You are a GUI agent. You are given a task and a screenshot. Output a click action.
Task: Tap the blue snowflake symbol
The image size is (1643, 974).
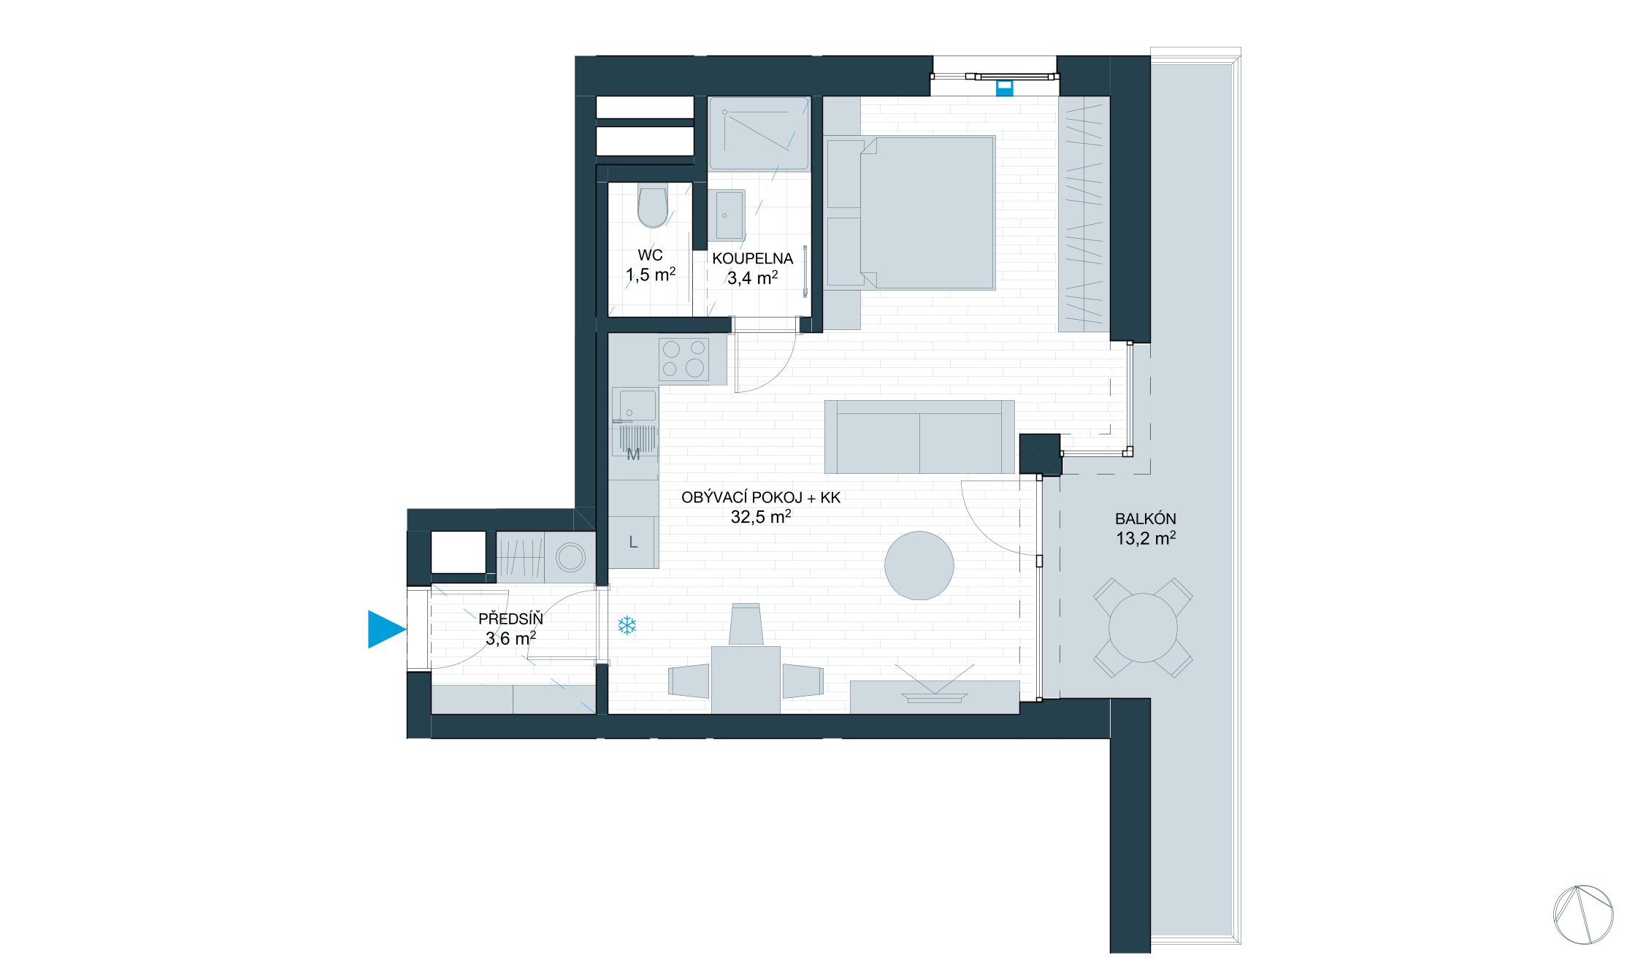point(627,626)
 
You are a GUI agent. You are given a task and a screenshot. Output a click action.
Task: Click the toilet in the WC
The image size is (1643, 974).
point(652,207)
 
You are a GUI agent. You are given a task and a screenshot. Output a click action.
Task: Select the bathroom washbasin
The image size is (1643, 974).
point(727,215)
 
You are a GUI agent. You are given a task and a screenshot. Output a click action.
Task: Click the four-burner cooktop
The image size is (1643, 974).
point(683,358)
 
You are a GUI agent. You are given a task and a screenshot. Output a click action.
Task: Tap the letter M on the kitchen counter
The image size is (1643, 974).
point(633,454)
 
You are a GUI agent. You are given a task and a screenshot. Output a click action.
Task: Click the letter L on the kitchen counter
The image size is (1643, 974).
point(633,542)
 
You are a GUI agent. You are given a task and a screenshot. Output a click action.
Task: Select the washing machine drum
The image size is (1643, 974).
point(570,558)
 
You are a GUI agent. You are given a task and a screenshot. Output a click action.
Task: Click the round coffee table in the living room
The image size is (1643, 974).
point(919,565)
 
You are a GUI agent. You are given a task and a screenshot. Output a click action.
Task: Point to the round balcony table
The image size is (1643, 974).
point(1143,628)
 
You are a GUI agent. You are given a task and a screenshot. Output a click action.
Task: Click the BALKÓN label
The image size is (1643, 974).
point(1145,519)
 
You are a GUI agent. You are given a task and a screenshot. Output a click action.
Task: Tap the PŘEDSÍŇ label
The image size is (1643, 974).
point(510,619)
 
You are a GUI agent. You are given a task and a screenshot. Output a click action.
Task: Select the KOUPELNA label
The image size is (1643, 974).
point(752,258)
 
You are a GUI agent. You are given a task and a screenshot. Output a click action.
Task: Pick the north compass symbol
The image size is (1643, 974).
point(1583,914)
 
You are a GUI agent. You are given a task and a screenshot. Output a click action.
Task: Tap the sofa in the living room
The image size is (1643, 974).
point(919,437)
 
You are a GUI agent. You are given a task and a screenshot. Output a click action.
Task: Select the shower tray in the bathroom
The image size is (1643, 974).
point(759,134)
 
